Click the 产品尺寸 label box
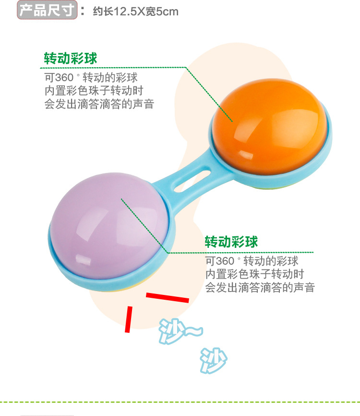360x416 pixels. (x=47, y=10)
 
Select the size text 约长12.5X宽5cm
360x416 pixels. (x=135, y=11)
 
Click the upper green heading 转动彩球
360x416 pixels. (x=71, y=59)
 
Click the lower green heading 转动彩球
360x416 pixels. (x=231, y=241)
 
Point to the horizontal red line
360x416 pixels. (x=167, y=298)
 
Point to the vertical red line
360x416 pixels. (x=128, y=319)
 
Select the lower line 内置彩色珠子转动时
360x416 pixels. (x=254, y=274)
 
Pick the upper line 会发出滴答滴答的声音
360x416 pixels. (x=99, y=104)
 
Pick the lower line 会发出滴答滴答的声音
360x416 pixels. (x=260, y=288)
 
